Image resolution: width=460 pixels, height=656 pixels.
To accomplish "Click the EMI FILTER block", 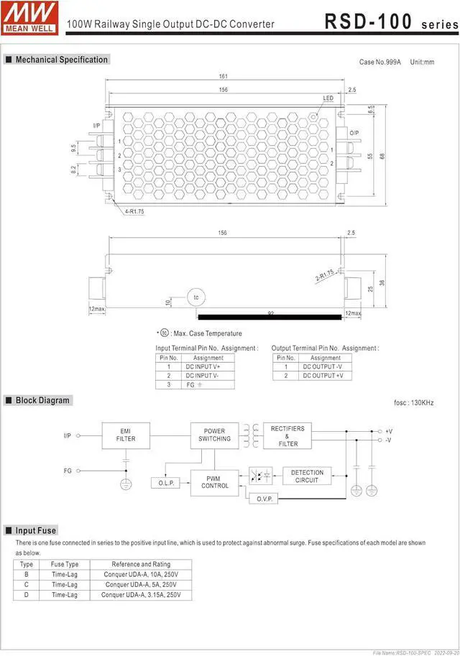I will click(126, 434).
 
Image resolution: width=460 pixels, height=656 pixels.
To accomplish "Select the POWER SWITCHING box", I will click(214, 435).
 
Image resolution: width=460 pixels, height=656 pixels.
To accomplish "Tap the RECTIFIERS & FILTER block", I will click(287, 435).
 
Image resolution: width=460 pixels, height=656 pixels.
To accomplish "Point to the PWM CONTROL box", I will click(214, 481).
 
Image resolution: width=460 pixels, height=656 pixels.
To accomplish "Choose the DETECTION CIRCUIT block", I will click(307, 476).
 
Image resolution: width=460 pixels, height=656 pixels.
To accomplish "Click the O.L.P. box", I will click(166, 484).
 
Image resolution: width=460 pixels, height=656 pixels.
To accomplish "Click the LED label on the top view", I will click(328, 98).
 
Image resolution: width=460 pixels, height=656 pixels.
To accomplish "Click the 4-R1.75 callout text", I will click(134, 211).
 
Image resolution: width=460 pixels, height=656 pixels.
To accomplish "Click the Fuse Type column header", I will click(65, 564).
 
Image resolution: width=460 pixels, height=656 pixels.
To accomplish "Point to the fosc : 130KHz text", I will click(413, 403).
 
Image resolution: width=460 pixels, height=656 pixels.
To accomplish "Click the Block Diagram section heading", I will click(42, 400).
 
